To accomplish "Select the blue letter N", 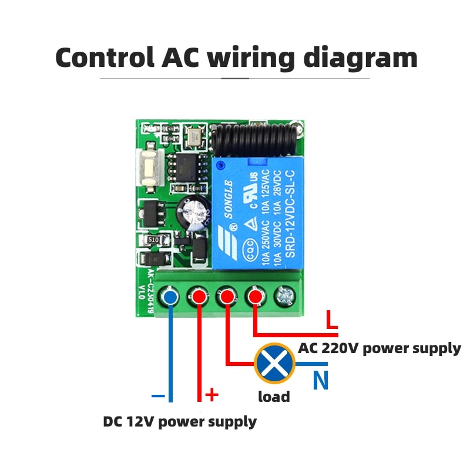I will (320, 382).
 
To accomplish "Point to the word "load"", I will (274, 397).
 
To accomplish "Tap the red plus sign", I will (211, 395).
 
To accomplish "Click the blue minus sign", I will (158, 396).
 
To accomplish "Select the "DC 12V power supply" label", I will (180, 421).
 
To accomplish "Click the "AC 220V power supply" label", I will (379, 348).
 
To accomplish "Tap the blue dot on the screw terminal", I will (170, 297).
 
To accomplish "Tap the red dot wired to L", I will (255, 297).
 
